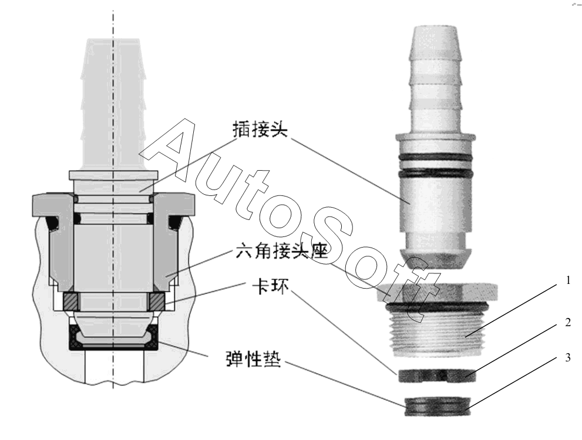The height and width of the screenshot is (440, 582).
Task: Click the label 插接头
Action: (260, 130)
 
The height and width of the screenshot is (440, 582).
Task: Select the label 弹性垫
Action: (253, 359)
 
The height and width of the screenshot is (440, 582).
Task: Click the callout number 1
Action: (568, 280)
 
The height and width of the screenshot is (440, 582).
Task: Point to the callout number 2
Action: (568, 323)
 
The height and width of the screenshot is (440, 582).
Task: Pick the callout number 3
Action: (568, 358)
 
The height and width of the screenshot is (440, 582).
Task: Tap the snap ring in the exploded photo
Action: (437, 376)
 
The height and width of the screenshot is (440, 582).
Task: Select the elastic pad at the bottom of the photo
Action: (438, 407)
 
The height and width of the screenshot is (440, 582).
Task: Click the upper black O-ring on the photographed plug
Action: (436, 158)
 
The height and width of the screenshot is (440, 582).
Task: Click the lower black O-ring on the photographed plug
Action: (436, 173)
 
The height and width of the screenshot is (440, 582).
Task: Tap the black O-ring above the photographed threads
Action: (437, 307)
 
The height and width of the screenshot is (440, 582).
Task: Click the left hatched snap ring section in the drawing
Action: (71, 301)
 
